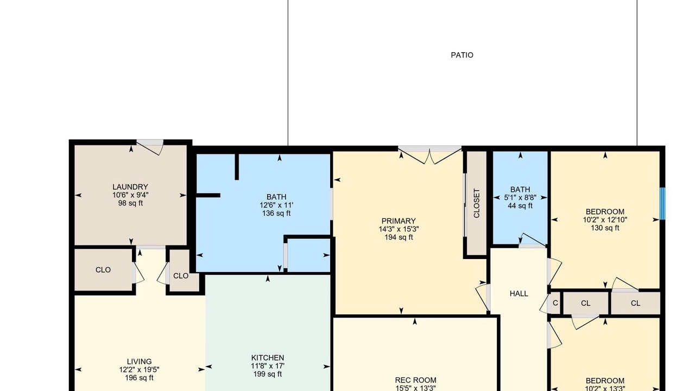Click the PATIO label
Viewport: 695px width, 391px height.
[x=462, y=55]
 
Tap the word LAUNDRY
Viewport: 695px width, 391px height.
[x=130, y=187]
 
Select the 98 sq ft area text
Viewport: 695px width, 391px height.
[x=130, y=203]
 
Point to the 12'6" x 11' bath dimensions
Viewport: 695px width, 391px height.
[x=276, y=205]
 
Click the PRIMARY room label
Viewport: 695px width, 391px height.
[x=399, y=221]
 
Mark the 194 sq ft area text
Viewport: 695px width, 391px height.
[x=399, y=237]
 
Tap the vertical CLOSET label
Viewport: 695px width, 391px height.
[x=477, y=203]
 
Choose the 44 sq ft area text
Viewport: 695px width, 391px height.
[x=520, y=206]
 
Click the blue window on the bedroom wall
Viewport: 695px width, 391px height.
[x=662, y=204]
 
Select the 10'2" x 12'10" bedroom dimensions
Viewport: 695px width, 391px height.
[x=605, y=220]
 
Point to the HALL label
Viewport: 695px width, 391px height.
[x=519, y=294]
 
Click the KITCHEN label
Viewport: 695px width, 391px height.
[x=268, y=358]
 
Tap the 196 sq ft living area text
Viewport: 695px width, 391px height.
[x=140, y=377]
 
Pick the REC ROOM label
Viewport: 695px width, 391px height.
[x=416, y=380]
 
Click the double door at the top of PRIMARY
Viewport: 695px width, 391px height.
[x=429, y=155]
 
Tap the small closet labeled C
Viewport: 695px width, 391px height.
[x=555, y=303]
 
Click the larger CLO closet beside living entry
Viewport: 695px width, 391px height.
[x=103, y=270]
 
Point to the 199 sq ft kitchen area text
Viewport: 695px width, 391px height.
[x=268, y=374]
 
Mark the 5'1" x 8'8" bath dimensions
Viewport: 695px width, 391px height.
[x=520, y=198]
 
